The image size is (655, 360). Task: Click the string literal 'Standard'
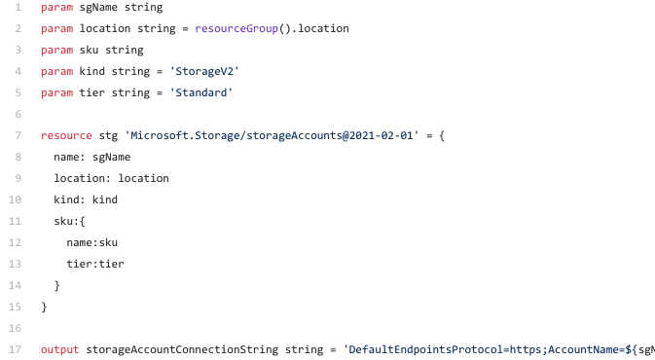(201, 92)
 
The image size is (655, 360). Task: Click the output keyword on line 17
(60, 348)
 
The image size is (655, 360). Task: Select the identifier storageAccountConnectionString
(182, 348)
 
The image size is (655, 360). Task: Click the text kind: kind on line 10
(86, 199)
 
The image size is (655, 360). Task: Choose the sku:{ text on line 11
(70, 221)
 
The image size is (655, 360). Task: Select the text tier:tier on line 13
(94, 264)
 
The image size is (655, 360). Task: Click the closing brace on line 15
(44, 306)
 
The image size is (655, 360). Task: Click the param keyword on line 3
(56, 51)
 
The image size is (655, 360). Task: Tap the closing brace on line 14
(57, 285)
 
